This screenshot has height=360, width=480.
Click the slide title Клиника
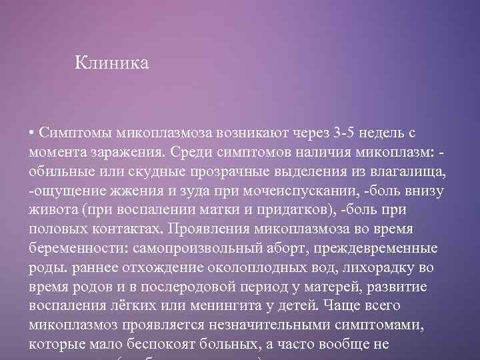tap(111, 63)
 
